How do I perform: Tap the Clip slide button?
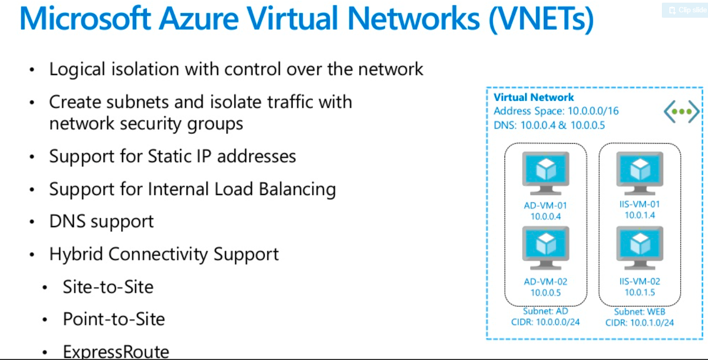click(x=685, y=10)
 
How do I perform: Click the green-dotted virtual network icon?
click(x=681, y=112)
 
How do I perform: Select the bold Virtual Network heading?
click(x=533, y=97)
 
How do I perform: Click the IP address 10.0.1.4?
click(x=639, y=215)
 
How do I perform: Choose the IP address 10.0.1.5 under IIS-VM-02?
click(x=639, y=292)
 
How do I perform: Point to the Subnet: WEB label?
click(x=639, y=312)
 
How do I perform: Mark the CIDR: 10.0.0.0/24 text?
click(x=546, y=322)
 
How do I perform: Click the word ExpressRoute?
click(x=116, y=352)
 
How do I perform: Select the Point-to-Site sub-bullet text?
click(x=114, y=319)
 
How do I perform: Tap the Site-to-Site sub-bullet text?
click(x=108, y=287)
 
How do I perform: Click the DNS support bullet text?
click(x=101, y=221)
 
